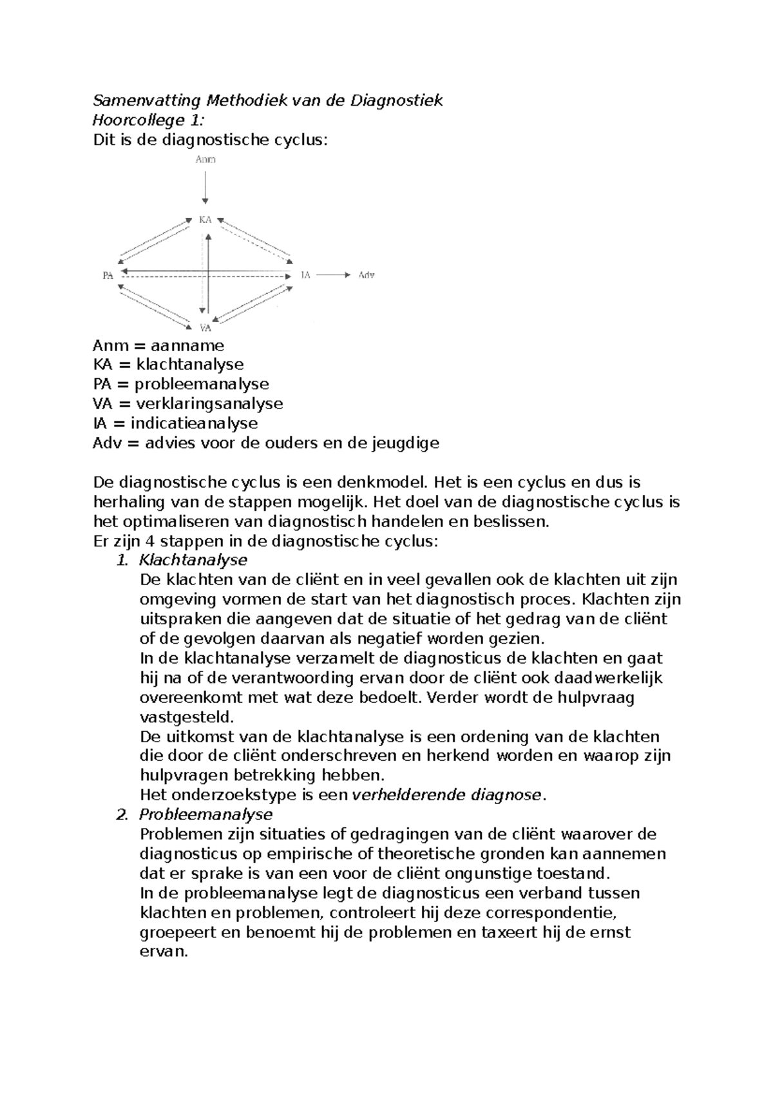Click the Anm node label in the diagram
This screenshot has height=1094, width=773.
[x=205, y=160]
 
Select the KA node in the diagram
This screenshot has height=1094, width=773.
[x=205, y=220]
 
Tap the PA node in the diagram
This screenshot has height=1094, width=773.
[x=108, y=276]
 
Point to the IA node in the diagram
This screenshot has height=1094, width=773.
[x=305, y=275]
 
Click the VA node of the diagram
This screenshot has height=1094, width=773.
[x=205, y=328]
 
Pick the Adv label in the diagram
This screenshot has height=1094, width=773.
[x=366, y=275]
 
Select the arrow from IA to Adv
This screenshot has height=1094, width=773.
[x=333, y=275]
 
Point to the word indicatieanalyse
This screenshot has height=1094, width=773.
[x=194, y=423]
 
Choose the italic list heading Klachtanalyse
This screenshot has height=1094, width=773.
[x=193, y=560]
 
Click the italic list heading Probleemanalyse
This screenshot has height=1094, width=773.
[x=205, y=814]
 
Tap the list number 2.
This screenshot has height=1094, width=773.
[x=120, y=814]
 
